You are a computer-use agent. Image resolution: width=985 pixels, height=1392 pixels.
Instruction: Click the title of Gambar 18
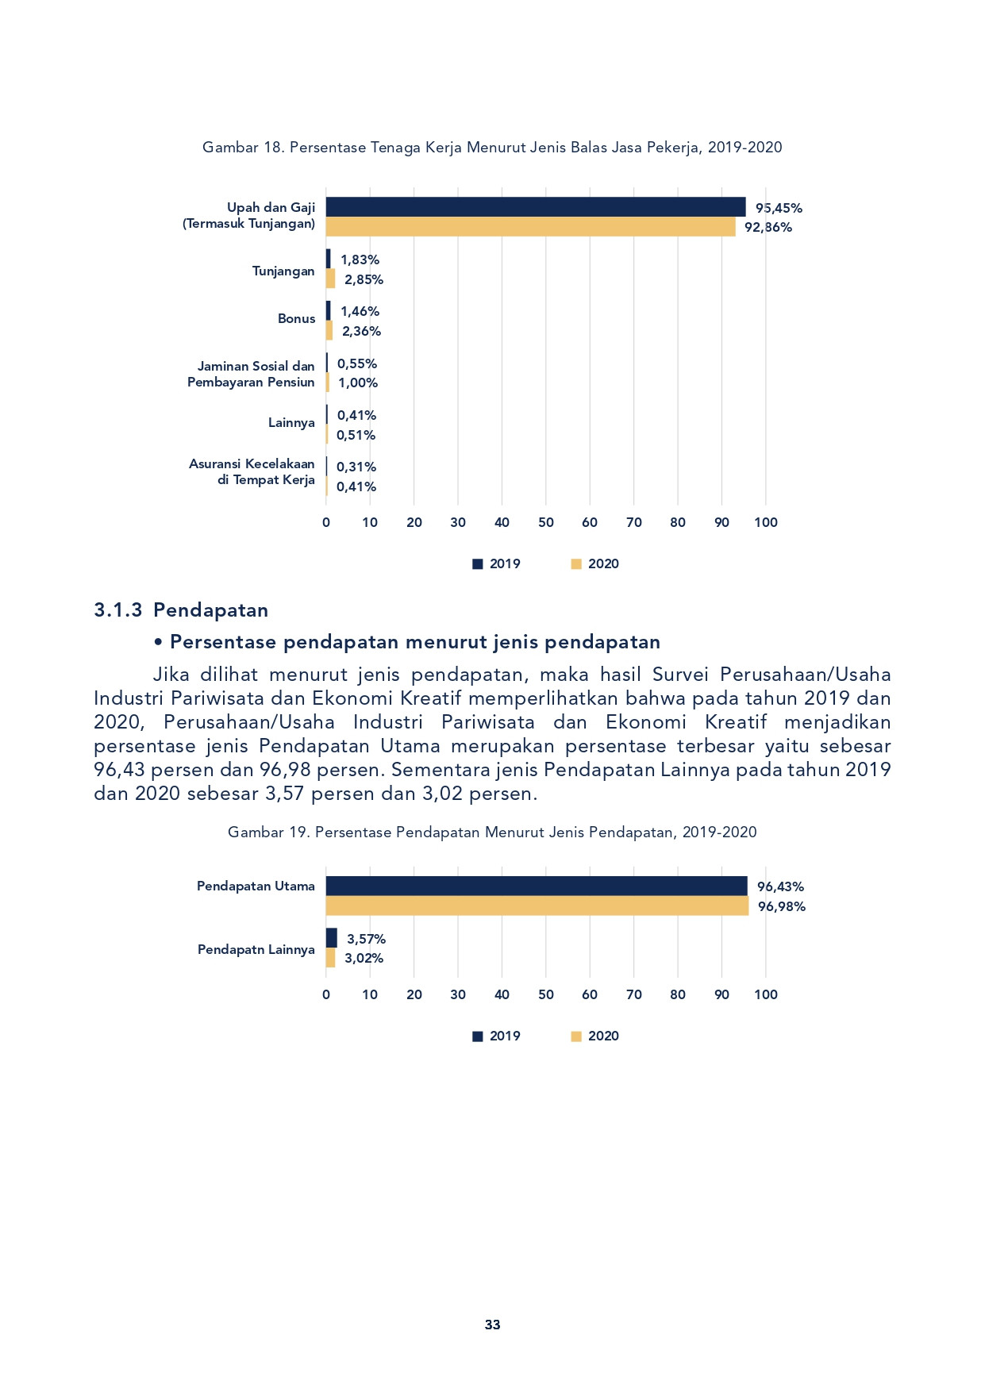(492, 148)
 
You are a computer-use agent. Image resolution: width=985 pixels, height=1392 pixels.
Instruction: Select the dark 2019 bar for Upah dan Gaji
(536, 207)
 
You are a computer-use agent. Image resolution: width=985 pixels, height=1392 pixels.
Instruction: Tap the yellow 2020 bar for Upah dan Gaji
(531, 227)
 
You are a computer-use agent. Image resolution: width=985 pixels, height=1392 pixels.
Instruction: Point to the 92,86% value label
(768, 228)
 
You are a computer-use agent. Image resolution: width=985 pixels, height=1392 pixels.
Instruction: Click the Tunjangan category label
(283, 271)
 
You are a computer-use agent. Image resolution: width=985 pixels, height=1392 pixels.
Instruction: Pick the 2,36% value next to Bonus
(362, 332)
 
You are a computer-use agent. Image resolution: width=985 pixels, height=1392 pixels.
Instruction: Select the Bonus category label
(296, 319)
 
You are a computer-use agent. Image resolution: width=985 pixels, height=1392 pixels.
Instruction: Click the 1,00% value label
(358, 383)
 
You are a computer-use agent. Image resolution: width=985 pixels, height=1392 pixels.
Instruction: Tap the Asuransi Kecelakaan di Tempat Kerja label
(252, 471)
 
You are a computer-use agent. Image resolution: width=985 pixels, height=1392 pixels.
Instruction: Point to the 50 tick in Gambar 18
(546, 522)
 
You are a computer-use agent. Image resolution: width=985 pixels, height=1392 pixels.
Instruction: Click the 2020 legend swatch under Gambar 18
(577, 564)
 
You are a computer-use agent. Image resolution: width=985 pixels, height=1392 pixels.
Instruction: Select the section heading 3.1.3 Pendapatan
(181, 610)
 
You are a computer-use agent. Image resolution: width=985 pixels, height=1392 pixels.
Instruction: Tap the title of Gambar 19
(492, 833)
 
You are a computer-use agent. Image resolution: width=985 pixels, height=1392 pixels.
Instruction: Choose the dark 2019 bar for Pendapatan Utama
(537, 886)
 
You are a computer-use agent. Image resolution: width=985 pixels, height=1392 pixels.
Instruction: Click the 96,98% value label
(782, 907)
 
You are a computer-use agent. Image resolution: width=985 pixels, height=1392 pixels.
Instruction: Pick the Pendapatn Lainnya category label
(256, 950)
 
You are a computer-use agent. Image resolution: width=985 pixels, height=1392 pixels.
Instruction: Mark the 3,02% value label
(364, 959)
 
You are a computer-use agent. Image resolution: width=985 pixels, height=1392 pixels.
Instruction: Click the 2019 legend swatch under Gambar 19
(478, 1036)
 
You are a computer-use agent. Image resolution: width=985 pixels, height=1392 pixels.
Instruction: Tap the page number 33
(492, 1325)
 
